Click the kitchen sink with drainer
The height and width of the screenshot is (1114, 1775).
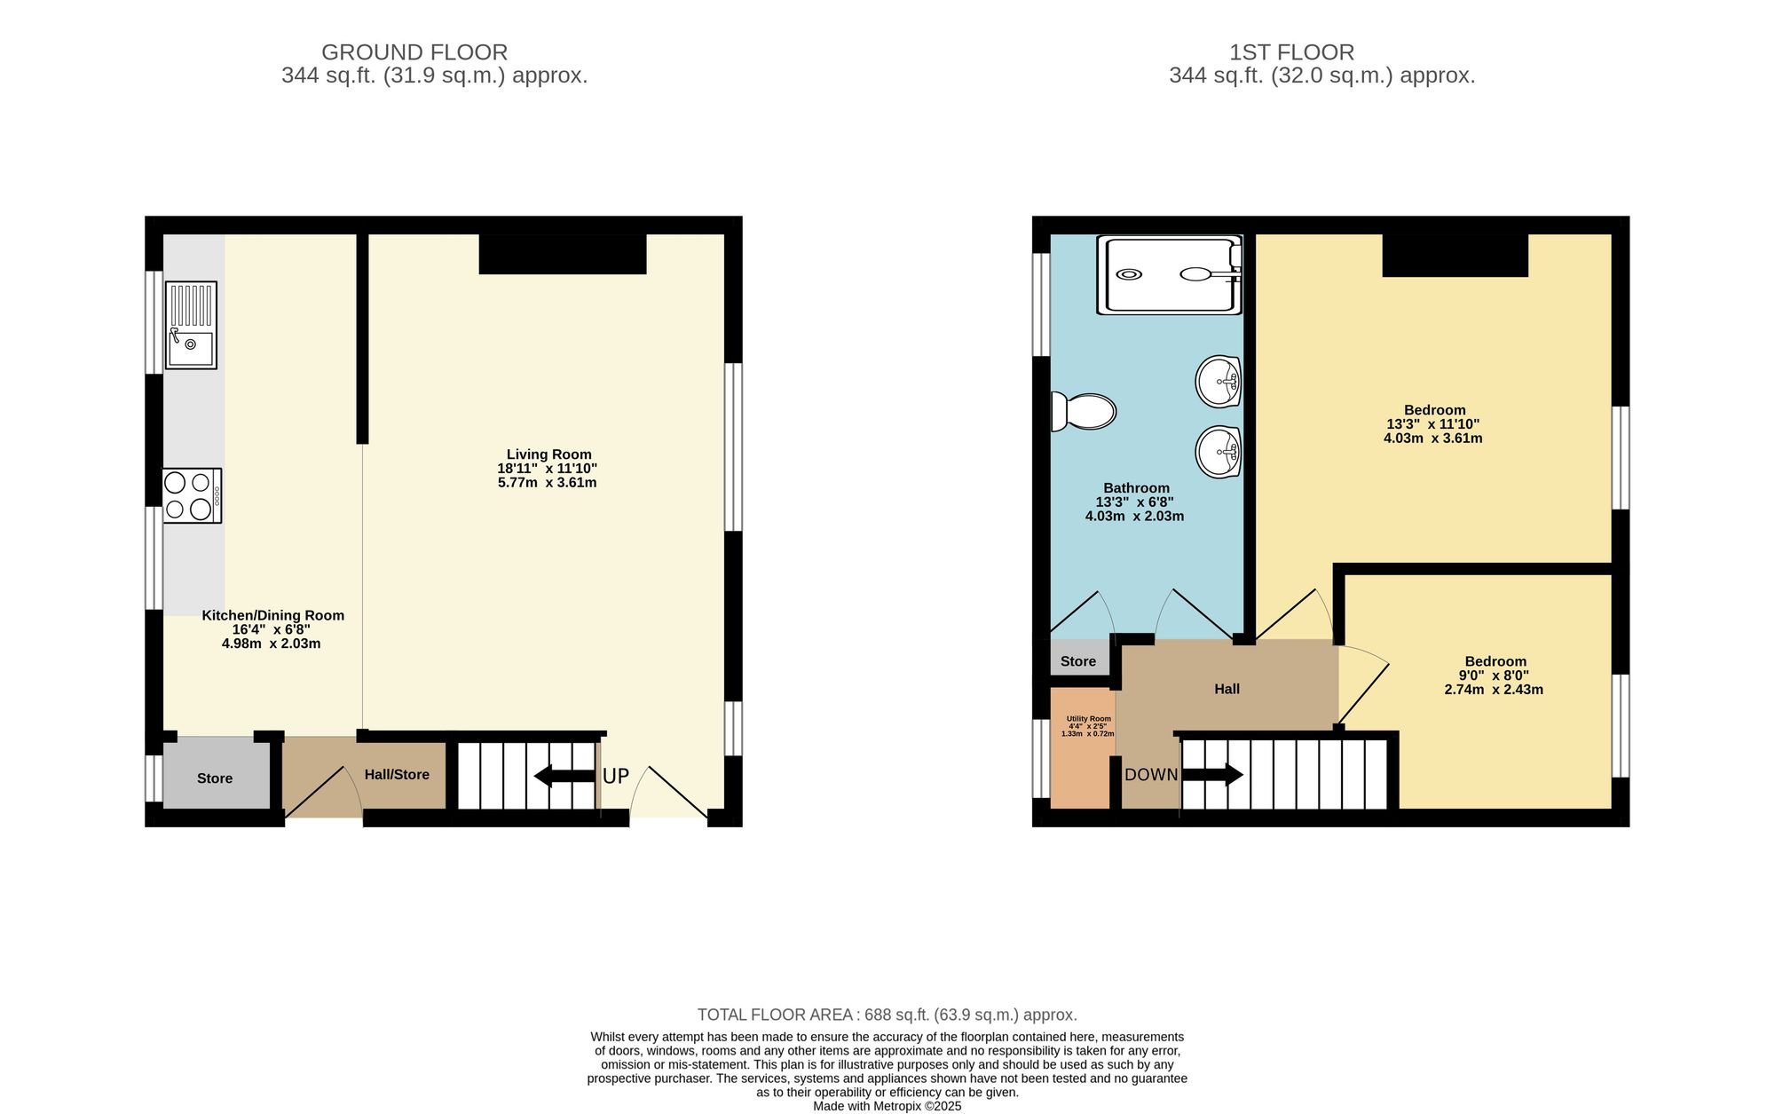[192, 325]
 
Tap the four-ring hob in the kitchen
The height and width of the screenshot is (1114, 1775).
[193, 495]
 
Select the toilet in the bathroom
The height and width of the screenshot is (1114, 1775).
[1083, 411]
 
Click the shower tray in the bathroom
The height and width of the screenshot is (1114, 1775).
[1169, 274]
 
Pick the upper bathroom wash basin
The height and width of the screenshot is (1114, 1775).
[1219, 382]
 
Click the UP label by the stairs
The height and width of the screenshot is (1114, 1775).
[616, 776]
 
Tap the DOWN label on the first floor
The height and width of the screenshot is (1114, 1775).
[1151, 774]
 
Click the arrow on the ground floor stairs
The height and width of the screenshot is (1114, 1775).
[564, 776]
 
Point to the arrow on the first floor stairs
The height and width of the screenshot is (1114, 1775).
[1212, 775]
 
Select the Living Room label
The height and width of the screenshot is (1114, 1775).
[548, 454]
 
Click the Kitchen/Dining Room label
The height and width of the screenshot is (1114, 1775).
[272, 615]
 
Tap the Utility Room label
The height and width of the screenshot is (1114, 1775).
[1089, 719]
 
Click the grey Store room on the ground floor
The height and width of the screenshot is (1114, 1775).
[216, 775]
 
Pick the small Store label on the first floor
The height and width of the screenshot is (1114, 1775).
[1078, 661]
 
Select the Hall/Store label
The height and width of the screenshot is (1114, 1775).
[397, 774]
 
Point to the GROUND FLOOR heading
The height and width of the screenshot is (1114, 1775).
[414, 52]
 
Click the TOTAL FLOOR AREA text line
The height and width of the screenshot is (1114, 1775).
[887, 1015]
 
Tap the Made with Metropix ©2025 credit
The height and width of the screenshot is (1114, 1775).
[887, 1107]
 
